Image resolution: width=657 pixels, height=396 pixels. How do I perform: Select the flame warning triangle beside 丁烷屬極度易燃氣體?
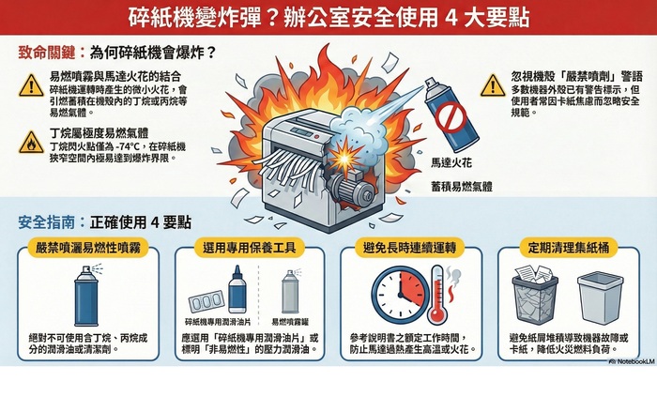pos(31,141)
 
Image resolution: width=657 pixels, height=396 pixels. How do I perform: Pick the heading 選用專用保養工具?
pos(252,249)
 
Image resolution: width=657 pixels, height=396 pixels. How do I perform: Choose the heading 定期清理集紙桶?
pos(572,249)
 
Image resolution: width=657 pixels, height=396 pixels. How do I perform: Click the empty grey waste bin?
pos(597,297)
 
